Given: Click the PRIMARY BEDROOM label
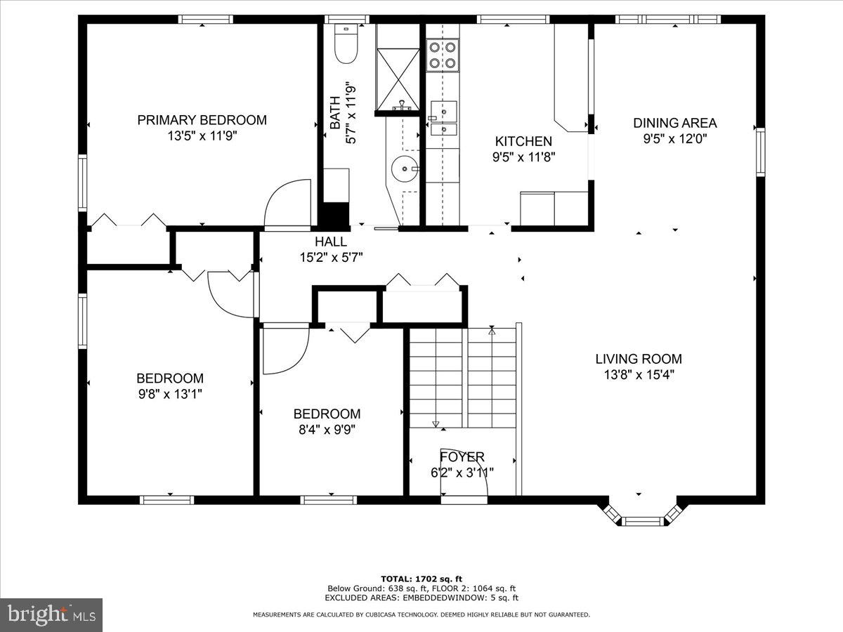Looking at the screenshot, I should [202, 120].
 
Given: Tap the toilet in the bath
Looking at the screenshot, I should [346, 44].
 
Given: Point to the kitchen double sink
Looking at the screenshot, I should [443, 119].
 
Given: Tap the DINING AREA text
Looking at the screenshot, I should [675, 123].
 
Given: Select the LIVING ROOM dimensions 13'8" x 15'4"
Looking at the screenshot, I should [639, 375].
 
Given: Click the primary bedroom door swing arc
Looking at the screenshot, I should [287, 204].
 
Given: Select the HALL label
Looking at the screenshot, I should [331, 242].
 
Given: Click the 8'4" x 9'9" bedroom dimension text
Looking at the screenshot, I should [327, 430].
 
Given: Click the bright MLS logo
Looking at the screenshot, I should [51, 614].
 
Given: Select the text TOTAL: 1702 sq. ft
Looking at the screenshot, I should [421, 579].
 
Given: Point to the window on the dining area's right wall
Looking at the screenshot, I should [759, 151].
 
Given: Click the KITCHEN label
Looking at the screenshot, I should [523, 141].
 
